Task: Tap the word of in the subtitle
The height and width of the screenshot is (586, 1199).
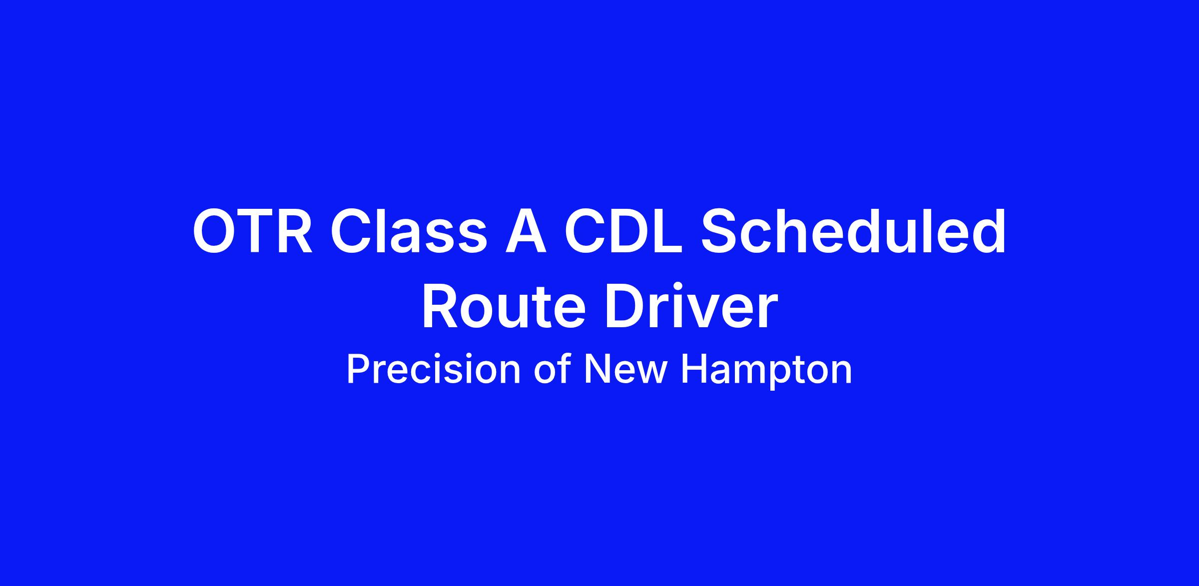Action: [x=553, y=369]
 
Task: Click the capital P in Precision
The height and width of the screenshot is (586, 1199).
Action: [x=360, y=370]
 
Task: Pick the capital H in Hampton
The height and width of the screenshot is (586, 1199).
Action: [x=694, y=370]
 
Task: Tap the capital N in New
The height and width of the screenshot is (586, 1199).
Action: [x=598, y=370]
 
